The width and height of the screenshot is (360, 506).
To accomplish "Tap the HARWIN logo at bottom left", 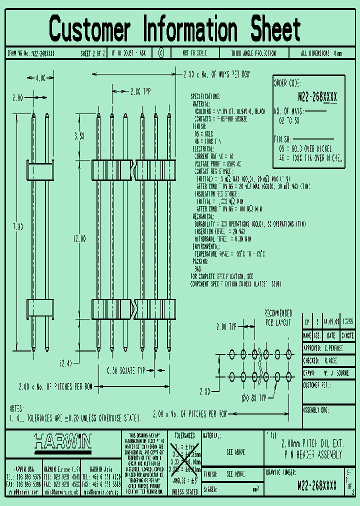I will click(x=63, y=441).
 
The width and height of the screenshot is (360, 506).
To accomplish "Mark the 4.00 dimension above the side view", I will click(x=40, y=78).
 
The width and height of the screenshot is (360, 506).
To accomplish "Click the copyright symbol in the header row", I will click(x=161, y=52).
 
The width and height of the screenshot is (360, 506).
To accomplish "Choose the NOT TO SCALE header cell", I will click(x=194, y=52).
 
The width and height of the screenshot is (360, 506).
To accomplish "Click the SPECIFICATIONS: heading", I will click(x=205, y=96).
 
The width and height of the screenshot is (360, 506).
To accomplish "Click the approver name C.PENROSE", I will click(x=334, y=348).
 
